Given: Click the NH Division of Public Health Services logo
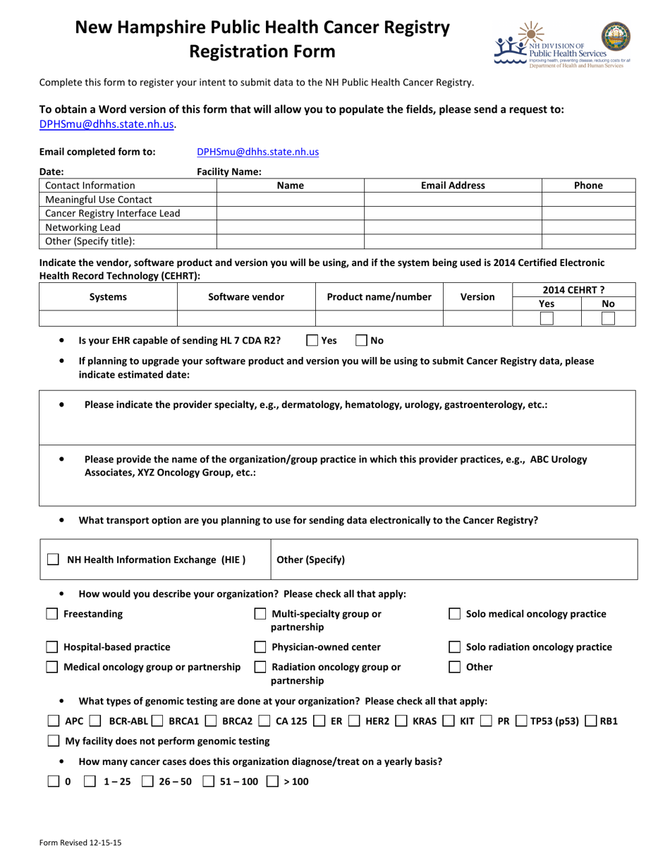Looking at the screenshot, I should point(563,46).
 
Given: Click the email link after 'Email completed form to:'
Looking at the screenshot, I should point(257,151).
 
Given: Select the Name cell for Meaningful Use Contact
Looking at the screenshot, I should point(290,200).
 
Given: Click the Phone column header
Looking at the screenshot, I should point(588,186).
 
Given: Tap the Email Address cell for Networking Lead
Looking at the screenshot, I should point(452,227).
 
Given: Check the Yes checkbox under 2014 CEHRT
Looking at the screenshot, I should point(546,318).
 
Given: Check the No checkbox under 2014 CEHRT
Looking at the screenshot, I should point(608,318).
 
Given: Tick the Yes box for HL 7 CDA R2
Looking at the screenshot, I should point(313,340).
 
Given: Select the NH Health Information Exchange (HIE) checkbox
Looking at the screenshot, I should point(53,560).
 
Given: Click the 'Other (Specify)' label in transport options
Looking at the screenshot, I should point(311,560).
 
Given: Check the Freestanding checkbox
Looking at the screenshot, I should point(51,614).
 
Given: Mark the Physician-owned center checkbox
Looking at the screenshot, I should point(260,647).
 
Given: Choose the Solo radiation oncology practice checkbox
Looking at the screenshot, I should point(456,647).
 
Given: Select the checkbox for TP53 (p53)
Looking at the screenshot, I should point(521,721).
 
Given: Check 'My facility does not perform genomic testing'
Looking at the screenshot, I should point(53,741).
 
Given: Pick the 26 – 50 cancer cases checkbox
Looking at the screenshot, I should point(148,781).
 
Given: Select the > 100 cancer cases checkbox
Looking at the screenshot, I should point(272,781).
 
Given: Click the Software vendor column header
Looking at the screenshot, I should point(246,297).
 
